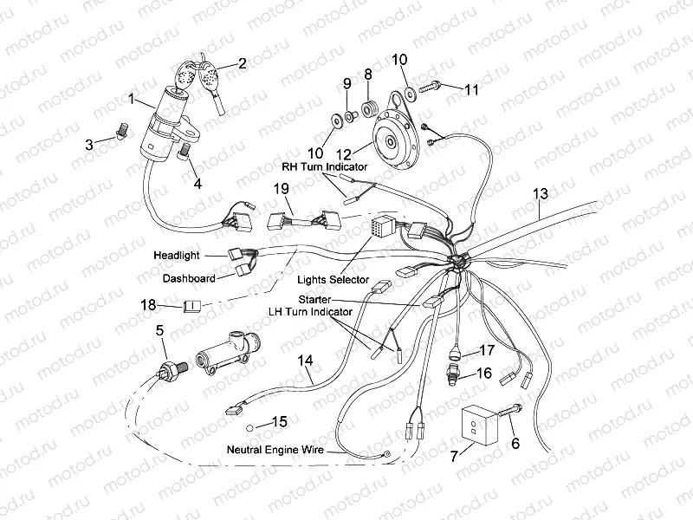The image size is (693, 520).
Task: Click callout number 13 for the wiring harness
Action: (541, 193)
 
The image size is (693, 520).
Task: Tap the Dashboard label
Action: (189, 279)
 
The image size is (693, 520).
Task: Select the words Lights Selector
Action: (334, 280)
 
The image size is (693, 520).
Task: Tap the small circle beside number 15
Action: (249, 428)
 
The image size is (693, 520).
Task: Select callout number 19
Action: (282, 188)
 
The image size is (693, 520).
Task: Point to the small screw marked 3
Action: (121, 131)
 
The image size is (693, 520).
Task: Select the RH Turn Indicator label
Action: (323, 166)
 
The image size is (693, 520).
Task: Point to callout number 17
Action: (486, 350)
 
